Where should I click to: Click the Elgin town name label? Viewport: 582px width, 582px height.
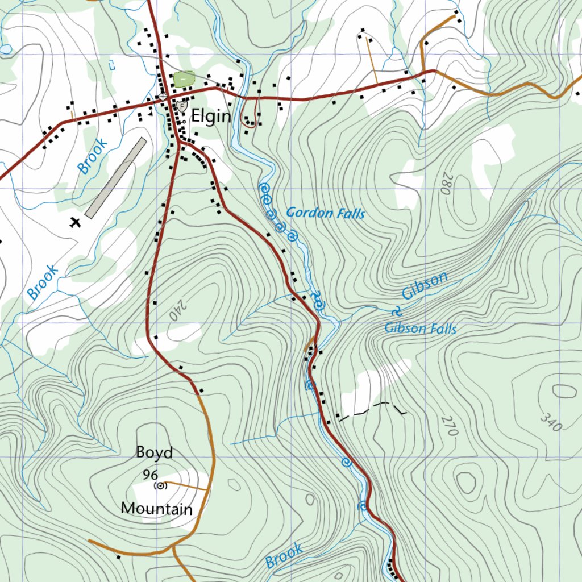pyautogui.click(x=211, y=117)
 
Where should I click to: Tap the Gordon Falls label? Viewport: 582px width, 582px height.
pyautogui.click(x=325, y=213)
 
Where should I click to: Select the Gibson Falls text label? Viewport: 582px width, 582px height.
pyautogui.click(x=421, y=329)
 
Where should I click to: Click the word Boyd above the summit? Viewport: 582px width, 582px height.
pyautogui.click(x=154, y=452)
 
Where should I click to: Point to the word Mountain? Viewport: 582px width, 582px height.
pyautogui.click(x=157, y=508)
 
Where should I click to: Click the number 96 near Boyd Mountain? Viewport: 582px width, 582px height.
pyautogui.click(x=150, y=475)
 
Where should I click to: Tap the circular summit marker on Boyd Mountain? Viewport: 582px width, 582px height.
pyautogui.click(x=160, y=485)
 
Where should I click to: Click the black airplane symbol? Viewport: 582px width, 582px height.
pyautogui.click(x=74, y=222)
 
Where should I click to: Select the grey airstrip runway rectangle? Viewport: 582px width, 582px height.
pyautogui.click(x=116, y=177)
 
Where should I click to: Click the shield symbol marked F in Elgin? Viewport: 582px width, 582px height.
pyautogui.click(x=181, y=106)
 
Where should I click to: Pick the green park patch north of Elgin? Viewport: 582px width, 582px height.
pyautogui.click(x=184, y=79)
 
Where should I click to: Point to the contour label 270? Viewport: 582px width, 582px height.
pyautogui.click(x=448, y=426)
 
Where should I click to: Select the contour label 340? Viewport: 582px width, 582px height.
pyautogui.click(x=550, y=421)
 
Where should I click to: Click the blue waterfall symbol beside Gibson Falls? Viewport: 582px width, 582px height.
pyautogui.click(x=396, y=311)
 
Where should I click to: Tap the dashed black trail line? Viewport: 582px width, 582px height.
pyautogui.click(x=372, y=408)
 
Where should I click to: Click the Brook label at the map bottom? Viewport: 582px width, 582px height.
pyautogui.click(x=284, y=555)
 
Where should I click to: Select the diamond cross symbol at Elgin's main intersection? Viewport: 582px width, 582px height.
pyautogui.click(x=163, y=97)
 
